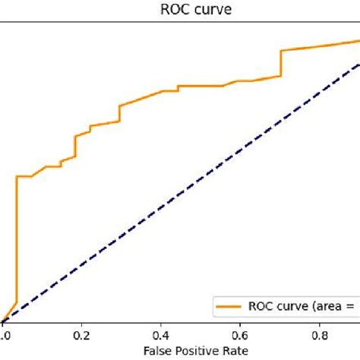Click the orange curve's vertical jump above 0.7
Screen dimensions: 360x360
click(281, 64)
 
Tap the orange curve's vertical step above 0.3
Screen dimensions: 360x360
click(120, 113)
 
